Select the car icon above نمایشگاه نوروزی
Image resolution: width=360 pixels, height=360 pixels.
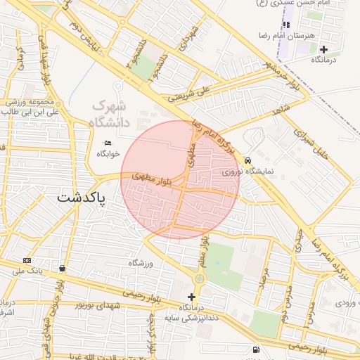point(247,160)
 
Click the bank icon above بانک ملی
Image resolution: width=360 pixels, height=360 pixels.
point(27,259)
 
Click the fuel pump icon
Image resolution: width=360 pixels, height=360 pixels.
point(254,349)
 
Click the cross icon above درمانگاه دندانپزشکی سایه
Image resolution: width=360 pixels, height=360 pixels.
point(191,297)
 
